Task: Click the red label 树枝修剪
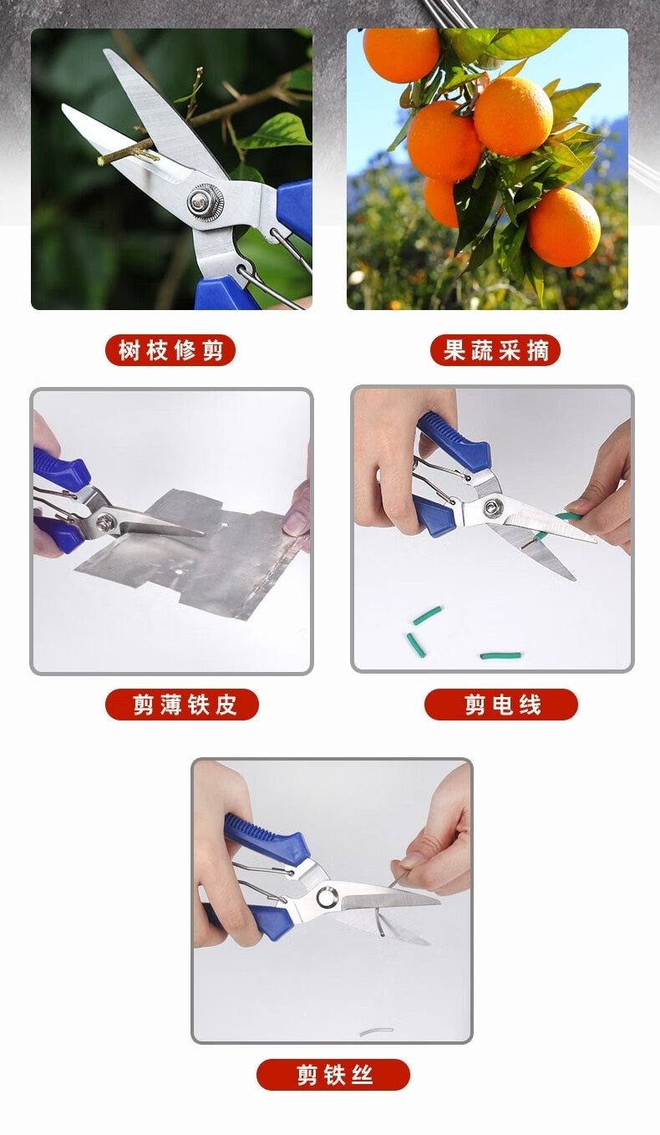pos(170,350)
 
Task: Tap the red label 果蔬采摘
pos(495,350)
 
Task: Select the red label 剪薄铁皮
pos(182,705)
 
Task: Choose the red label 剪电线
pos(501,705)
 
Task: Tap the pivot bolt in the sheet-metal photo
pos(105,520)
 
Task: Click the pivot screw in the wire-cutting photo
pos(490,507)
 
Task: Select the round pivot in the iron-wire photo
pos(327,897)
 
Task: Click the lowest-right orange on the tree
pos(564,227)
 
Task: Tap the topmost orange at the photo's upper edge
pos(401,53)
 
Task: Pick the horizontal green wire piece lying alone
pos(500,655)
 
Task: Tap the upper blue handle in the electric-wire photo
pos(454,435)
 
